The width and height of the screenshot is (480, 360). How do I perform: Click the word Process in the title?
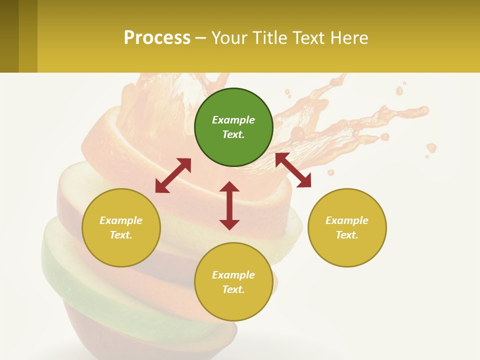tap(157, 38)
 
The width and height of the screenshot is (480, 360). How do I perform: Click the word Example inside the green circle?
tap(233, 120)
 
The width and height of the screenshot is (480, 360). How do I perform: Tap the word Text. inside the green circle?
tap(233, 134)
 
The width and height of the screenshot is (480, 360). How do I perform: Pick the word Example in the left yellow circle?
tap(121, 220)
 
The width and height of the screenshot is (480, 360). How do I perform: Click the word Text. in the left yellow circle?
tap(121, 235)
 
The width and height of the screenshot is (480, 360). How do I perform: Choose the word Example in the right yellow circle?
tap(347, 220)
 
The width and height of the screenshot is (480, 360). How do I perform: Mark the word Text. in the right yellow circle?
tap(347, 235)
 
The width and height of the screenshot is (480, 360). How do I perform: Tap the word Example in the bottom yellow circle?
tap(233, 275)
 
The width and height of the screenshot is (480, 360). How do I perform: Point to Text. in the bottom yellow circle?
tap(233, 289)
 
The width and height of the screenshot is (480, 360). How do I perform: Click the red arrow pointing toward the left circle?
tap(173, 175)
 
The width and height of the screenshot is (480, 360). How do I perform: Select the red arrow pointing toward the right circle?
tap(293, 170)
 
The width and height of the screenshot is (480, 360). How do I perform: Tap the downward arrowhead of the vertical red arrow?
tap(229, 224)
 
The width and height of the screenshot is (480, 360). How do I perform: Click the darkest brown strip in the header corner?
tap(9, 36)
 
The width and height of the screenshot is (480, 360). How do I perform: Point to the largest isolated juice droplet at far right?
tap(431, 147)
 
